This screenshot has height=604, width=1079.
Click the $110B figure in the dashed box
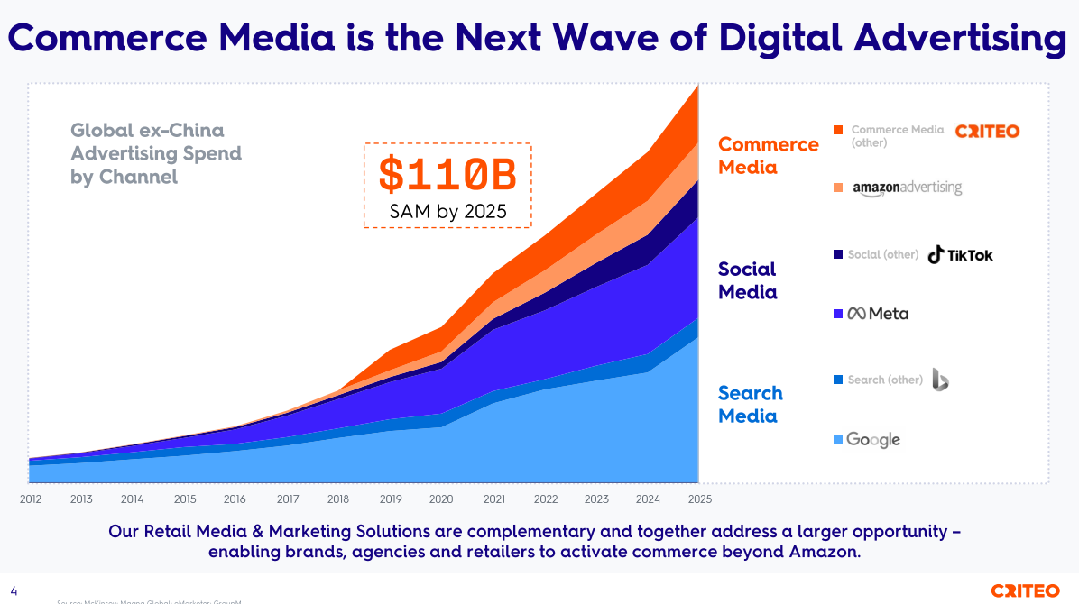[447, 175]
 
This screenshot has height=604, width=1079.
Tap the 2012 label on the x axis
[30, 499]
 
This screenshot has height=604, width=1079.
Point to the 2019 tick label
[391, 499]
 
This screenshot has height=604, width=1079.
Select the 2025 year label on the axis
[698, 499]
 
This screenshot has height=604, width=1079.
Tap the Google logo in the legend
[872, 440]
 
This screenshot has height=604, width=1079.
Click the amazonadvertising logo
[907, 188]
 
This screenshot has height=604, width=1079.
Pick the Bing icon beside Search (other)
[939, 380]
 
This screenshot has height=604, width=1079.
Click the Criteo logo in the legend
[987, 132]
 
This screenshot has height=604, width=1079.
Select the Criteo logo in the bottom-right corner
[1025, 591]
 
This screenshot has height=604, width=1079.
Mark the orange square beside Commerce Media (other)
[838, 130]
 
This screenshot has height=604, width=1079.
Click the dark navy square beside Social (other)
[838, 255]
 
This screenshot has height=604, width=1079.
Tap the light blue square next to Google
[838, 440]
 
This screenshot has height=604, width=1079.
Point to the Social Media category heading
[747, 280]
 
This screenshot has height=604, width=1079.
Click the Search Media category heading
[750, 405]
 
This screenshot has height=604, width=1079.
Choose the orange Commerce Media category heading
[768, 156]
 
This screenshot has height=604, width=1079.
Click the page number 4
[14, 591]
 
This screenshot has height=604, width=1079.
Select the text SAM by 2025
[447, 212]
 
